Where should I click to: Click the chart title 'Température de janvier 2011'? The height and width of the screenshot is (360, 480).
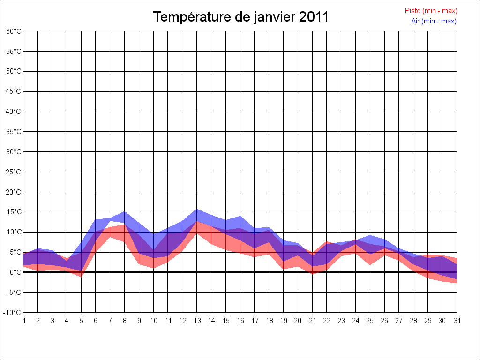(241, 17)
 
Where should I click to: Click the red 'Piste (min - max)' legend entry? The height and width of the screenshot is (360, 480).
(431, 11)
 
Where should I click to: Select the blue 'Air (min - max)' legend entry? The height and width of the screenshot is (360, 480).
(434, 21)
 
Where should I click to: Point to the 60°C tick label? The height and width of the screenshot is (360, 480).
(14, 31)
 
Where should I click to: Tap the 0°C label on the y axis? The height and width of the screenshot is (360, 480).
(16, 272)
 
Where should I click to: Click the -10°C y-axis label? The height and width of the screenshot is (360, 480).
(13, 312)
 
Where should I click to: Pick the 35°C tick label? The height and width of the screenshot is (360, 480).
(14, 132)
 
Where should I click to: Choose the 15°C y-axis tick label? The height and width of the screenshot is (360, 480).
(14, 212)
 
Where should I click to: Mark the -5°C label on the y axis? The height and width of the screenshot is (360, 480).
(14, 292)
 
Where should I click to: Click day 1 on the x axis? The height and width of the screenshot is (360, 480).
(23, 321)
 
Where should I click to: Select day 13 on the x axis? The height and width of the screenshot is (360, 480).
(197, 321)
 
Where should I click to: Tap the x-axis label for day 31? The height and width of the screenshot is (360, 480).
(457, 321)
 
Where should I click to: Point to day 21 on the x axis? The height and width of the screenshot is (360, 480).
(312, 321)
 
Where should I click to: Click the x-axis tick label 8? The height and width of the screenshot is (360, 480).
(125, 321)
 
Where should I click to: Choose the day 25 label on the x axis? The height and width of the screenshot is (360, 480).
(370, 321)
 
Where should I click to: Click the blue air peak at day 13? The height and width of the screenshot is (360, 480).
(197, 210)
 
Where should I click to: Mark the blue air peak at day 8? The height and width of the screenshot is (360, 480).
(125, 212)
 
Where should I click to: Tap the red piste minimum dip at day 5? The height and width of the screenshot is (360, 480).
(81, 276)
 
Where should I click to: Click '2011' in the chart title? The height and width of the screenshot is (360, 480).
(314, 17)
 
